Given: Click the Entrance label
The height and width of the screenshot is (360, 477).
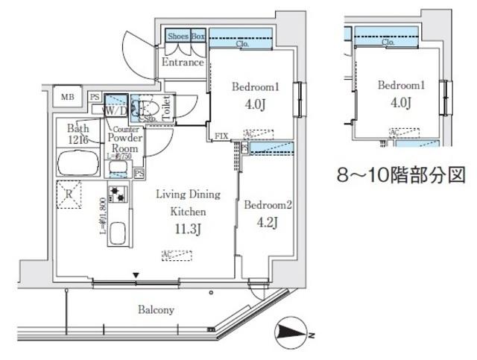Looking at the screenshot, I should [x=183, y=63].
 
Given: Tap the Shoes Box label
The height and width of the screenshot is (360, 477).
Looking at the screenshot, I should [x=186, y=36].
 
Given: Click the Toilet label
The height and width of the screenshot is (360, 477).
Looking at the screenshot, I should [x=167, y=107].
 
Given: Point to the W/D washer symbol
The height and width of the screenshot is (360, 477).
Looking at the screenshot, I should [x=116, y=110].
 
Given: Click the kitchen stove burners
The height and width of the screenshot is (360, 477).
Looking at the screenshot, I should [x=117, y=195].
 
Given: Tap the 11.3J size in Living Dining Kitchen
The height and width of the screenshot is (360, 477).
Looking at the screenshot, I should [x=187, y=228].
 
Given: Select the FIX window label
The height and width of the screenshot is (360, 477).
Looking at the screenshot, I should [x=221, y=136].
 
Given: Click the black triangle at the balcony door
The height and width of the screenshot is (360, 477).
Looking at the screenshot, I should [x=136, y=276].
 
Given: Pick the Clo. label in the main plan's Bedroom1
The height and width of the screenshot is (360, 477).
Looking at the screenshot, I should [x=242, y=44].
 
